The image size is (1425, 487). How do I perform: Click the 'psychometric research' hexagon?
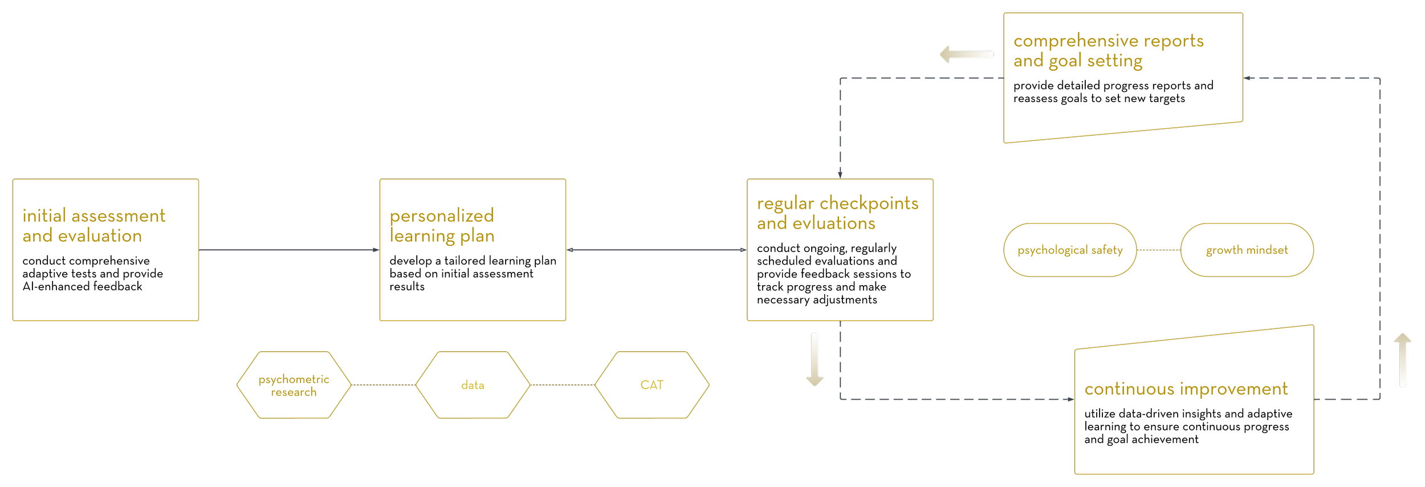(294, 385)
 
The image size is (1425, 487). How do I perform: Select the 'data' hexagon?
(473, 385)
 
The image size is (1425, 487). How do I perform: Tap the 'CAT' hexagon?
(652, 385)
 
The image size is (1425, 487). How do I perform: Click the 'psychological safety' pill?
(1070, 250)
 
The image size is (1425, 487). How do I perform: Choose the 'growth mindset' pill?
(1247, 250)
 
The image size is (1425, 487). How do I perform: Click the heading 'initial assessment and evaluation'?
(94, 225)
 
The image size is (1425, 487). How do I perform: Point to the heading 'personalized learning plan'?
(442, 225)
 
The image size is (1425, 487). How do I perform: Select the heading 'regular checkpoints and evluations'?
(837, 213)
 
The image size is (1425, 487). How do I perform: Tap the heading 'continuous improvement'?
(1186, 389)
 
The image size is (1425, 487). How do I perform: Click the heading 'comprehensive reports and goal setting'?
(1108, 50)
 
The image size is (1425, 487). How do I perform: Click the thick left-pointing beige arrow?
(967, 55)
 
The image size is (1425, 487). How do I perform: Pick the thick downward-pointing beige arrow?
(815, 359)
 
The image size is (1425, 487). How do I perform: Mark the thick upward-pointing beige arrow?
(1402, 360)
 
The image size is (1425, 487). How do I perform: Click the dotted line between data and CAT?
(563, 385)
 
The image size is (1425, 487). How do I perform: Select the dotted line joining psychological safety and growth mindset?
(1158, 250)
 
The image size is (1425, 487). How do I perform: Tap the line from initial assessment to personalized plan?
(288, 250)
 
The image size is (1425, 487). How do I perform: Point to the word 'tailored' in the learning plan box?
(465, 261)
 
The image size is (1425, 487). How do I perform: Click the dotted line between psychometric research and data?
(383, 385)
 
